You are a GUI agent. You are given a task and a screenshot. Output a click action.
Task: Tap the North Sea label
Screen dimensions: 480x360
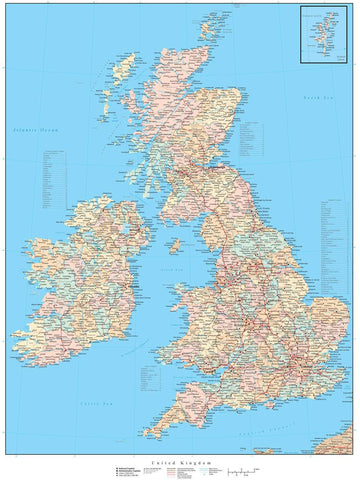pos(318,97)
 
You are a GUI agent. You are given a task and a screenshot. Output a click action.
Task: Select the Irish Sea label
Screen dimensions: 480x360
pos(172,271)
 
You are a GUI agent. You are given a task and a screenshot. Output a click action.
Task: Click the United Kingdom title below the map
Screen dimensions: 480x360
pos(180,461)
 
